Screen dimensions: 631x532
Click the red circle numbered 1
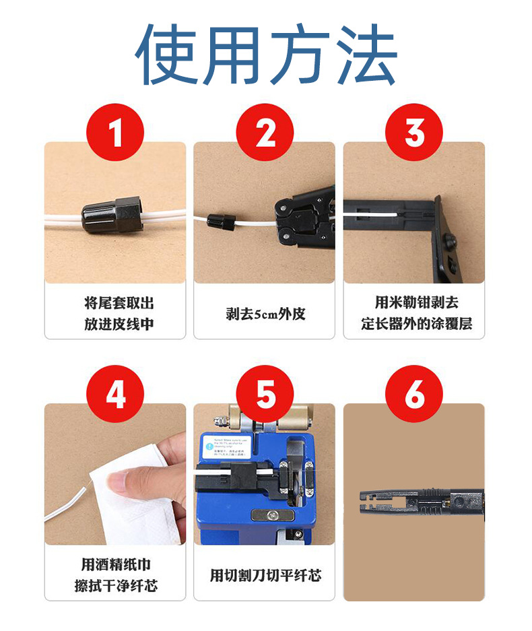coord(116,132)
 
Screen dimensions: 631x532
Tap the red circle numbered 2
coord(265,132)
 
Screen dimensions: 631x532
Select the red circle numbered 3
coord(414,132)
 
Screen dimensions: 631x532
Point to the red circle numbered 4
coord(116,395)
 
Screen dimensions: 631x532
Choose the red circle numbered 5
coord(265,395)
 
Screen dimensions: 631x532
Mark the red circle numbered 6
coord(414,395)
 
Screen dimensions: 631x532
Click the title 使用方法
coord(265,55)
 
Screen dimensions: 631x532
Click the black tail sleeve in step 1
coord(112,213)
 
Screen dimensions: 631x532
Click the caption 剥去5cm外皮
coord(265,314)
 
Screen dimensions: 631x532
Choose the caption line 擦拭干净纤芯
coord(116,586)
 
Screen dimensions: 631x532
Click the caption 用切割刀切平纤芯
coord(265,575)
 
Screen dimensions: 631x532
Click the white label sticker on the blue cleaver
coord(227,446)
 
